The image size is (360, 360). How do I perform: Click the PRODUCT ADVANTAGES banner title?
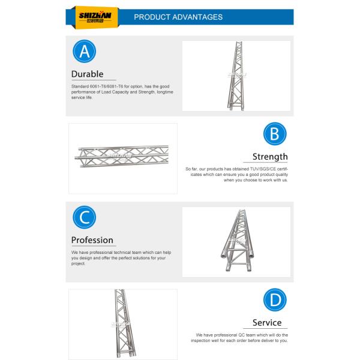coord(178,17)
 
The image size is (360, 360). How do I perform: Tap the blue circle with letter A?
coord(85,52)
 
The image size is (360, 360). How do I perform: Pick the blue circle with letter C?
coord(85,217)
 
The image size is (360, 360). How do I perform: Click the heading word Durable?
coord(87,75)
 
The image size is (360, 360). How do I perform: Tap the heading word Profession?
coord(92,240)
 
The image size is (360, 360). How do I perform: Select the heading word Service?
coord(266,323)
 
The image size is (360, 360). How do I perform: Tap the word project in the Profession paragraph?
coord(78,263)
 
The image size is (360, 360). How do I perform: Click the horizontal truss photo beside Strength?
coord(123,158)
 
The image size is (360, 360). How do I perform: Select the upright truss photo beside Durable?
coord(236,76)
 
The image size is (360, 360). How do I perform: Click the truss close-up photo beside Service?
coord(123,324)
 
